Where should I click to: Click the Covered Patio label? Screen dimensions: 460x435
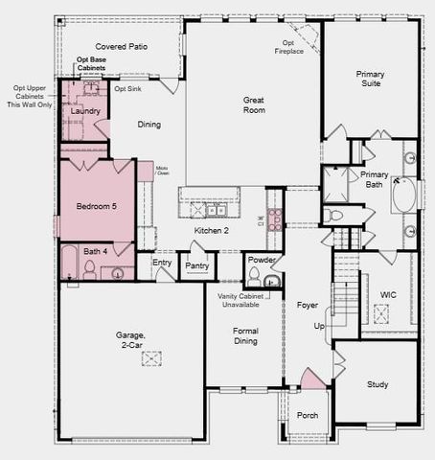click(119, 46)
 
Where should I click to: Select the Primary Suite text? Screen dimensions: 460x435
click(370, 79)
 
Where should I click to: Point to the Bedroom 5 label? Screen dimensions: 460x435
click(96, 205)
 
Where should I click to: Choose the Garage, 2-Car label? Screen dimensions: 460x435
click(131, 339)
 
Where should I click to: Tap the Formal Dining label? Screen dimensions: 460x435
click(245, 336)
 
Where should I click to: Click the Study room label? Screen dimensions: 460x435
click(378, 384)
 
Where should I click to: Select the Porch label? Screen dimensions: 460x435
click(307, 415)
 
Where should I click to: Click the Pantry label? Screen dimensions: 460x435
click(197, 265)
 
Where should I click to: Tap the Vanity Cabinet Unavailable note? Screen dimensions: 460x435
click(247, 302)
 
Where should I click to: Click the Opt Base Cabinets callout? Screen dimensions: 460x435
click(91, 64)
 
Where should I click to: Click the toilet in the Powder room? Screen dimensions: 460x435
click(255, 276)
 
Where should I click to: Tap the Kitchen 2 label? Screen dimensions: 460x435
click(212, 231)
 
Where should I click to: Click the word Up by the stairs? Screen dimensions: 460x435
click(319, 326)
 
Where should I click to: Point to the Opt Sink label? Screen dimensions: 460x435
click(127, 88)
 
